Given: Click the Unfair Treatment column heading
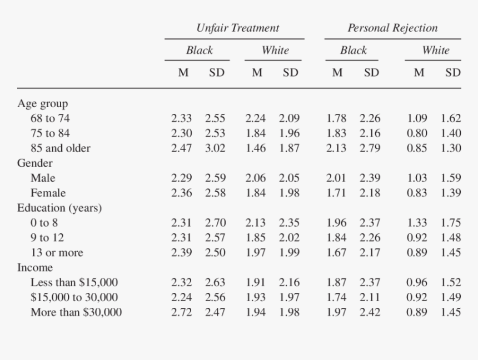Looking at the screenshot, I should (x=237, y=28).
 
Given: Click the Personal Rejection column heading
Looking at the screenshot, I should (x=392, y=28).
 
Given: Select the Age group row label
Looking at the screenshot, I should (x=42, y=103).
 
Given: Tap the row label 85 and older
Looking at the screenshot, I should (x=60, y=148).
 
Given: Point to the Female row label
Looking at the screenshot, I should (x=48, y=193).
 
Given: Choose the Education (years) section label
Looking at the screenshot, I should (x=59, y=208).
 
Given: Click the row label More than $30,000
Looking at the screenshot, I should (x=76, y=312).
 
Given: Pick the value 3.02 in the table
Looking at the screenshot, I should (x=215, y=148).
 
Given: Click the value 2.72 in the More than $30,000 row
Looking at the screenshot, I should (x=181, y=312).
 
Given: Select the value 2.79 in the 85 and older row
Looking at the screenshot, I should (x=370, y=148).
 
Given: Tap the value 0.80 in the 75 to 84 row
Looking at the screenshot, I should (x=417, y=133).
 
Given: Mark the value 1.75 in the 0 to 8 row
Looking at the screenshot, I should (x=451, y=223).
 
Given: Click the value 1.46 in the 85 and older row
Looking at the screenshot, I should (x=256, y=148).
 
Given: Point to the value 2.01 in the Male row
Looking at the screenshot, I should (x=336, y=178).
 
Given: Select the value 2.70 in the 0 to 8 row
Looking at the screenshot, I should (x=215, y=223).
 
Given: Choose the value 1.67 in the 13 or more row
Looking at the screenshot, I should (x=336, y=253).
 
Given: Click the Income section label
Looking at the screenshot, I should (x=35, y=267).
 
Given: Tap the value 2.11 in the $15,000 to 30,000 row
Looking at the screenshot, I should (x=370, y=297).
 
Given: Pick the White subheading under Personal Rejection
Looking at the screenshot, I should (x=435, y=51).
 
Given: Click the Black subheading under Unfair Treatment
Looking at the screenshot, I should (x=200, y=51).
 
